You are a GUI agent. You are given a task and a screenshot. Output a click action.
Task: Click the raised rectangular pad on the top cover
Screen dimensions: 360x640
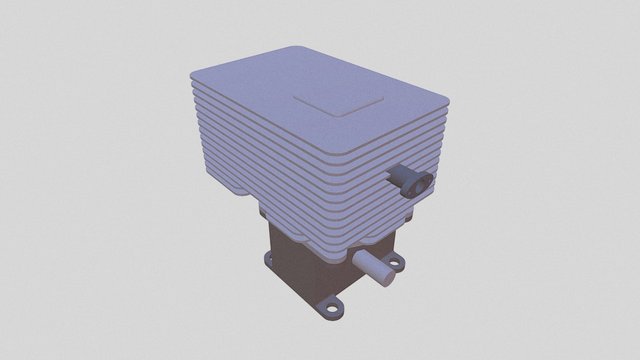[339, 102]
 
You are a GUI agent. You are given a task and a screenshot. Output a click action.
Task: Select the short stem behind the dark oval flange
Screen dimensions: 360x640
[398, 177]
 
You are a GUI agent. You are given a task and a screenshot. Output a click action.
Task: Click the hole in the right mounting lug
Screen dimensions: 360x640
[394, 264]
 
